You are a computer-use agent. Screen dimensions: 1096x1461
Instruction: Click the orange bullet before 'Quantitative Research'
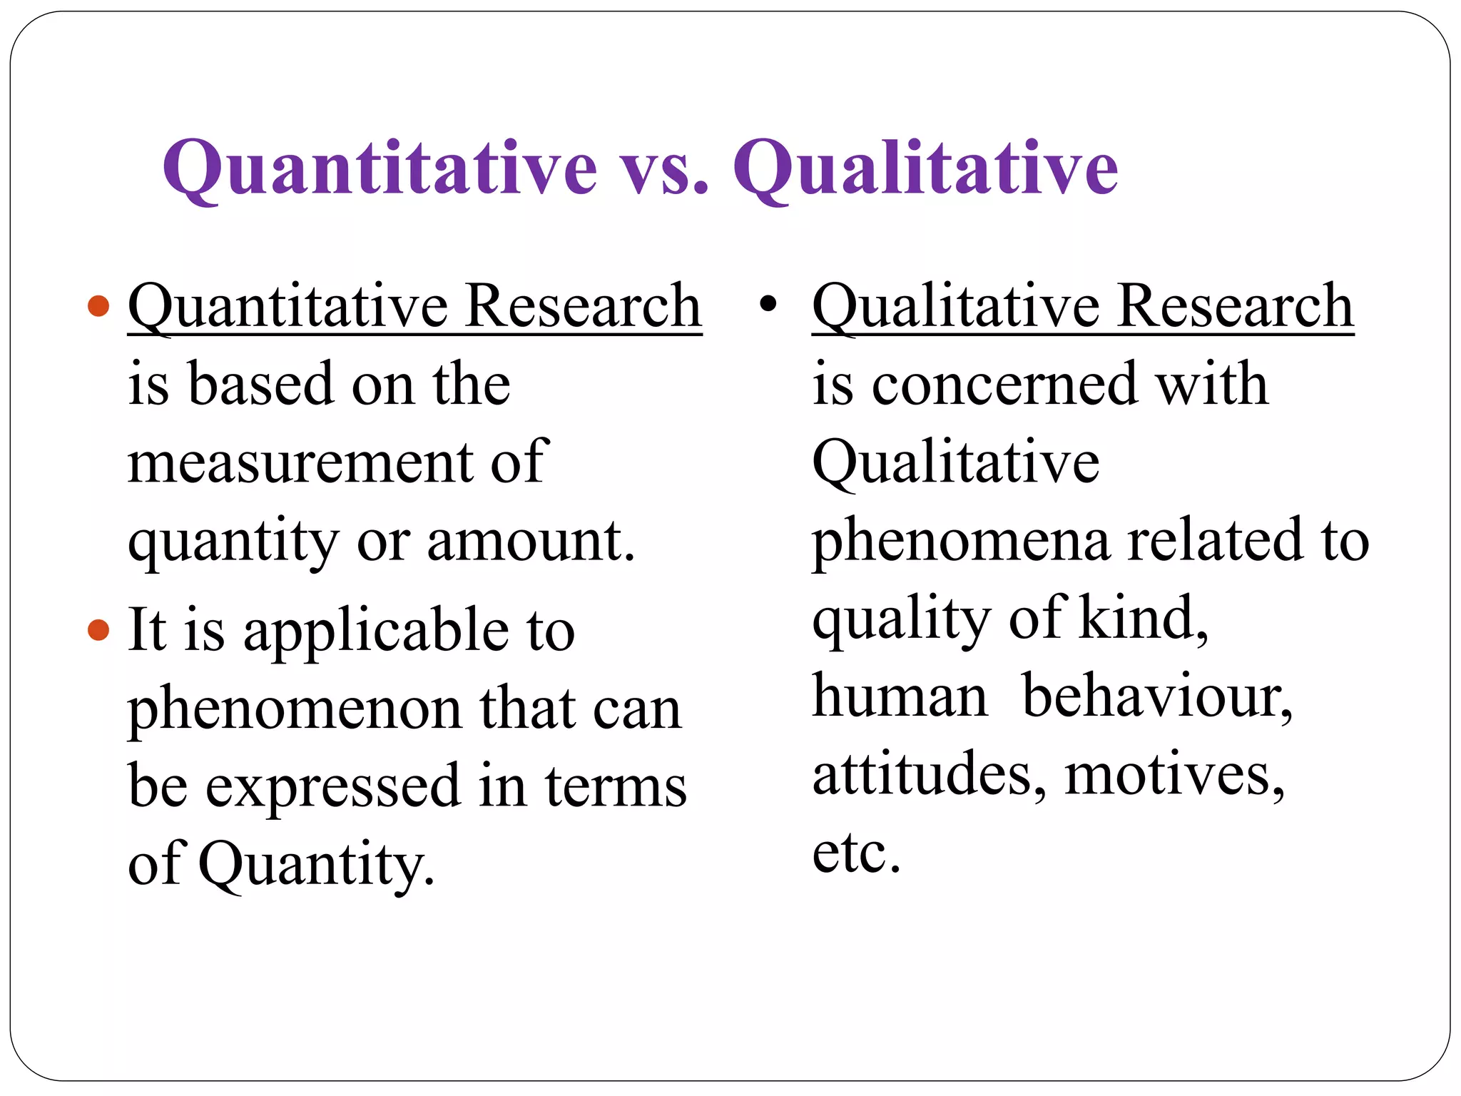point(98,307)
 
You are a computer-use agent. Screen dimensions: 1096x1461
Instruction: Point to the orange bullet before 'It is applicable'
point(98,629)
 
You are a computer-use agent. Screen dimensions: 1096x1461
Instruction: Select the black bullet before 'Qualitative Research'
point(768,305)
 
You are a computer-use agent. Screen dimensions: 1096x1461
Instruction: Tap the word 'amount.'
point(531,540)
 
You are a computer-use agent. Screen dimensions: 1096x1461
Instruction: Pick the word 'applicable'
point(377,631)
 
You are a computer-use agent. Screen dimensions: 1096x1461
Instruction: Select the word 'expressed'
point(333,786)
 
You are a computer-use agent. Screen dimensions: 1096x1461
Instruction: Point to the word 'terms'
point(616,786)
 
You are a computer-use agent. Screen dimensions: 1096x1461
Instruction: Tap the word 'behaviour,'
point(1157,696)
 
